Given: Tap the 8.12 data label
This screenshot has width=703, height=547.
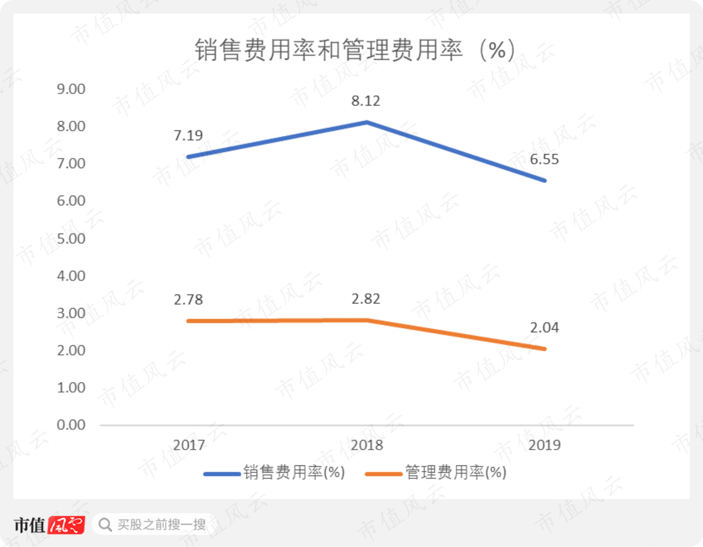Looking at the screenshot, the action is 366,101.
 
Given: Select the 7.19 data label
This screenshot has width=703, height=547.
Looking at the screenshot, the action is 188,135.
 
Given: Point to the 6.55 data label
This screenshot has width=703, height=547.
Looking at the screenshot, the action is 544,160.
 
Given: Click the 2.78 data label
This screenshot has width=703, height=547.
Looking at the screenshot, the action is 188,299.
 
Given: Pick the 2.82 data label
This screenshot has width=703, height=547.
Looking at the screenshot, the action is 366,299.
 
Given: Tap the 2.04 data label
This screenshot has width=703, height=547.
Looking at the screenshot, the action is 544,328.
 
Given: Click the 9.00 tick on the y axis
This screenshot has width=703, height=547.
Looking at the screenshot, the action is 71,89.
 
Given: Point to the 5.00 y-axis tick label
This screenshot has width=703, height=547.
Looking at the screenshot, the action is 71,239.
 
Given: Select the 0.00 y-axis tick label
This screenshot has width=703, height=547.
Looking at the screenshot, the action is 71,425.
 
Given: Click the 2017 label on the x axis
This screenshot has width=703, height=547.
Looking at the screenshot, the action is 189,445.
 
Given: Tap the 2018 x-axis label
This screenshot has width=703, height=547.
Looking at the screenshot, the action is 367,445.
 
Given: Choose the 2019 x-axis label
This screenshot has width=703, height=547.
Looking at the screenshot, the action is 544,445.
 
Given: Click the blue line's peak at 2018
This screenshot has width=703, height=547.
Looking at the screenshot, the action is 367,122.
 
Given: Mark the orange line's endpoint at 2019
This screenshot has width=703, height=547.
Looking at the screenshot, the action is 545,349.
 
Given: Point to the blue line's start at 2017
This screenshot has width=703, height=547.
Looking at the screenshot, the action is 188,157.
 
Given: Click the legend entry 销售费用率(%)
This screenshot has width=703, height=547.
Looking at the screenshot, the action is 274,473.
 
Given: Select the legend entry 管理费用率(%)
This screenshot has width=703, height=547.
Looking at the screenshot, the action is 436,473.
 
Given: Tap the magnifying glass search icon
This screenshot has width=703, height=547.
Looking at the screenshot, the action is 105,524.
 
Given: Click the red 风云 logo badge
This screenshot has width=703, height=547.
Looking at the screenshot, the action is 67,524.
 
